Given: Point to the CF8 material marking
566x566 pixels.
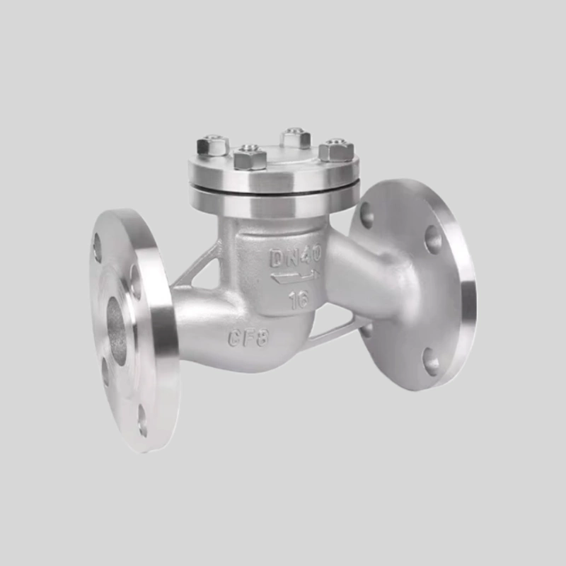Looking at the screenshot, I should [x=248, y=338].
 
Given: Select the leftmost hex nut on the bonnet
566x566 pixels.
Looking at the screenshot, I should [x=212, y=146].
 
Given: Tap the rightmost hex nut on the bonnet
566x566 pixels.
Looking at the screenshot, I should [x=336, y=149].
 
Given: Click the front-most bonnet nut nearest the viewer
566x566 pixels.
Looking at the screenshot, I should [x=250, y=158].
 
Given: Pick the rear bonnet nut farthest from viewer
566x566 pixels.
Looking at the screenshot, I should [x=296, y=137].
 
